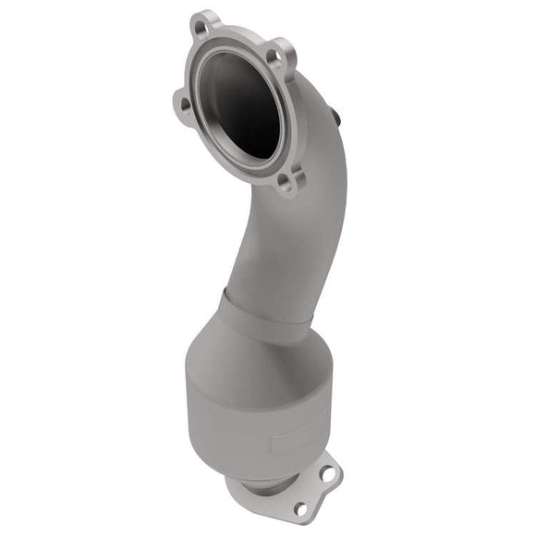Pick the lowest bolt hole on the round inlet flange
(287, 180)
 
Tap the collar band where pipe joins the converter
(268, 310)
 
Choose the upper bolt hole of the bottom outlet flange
(325, 473)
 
